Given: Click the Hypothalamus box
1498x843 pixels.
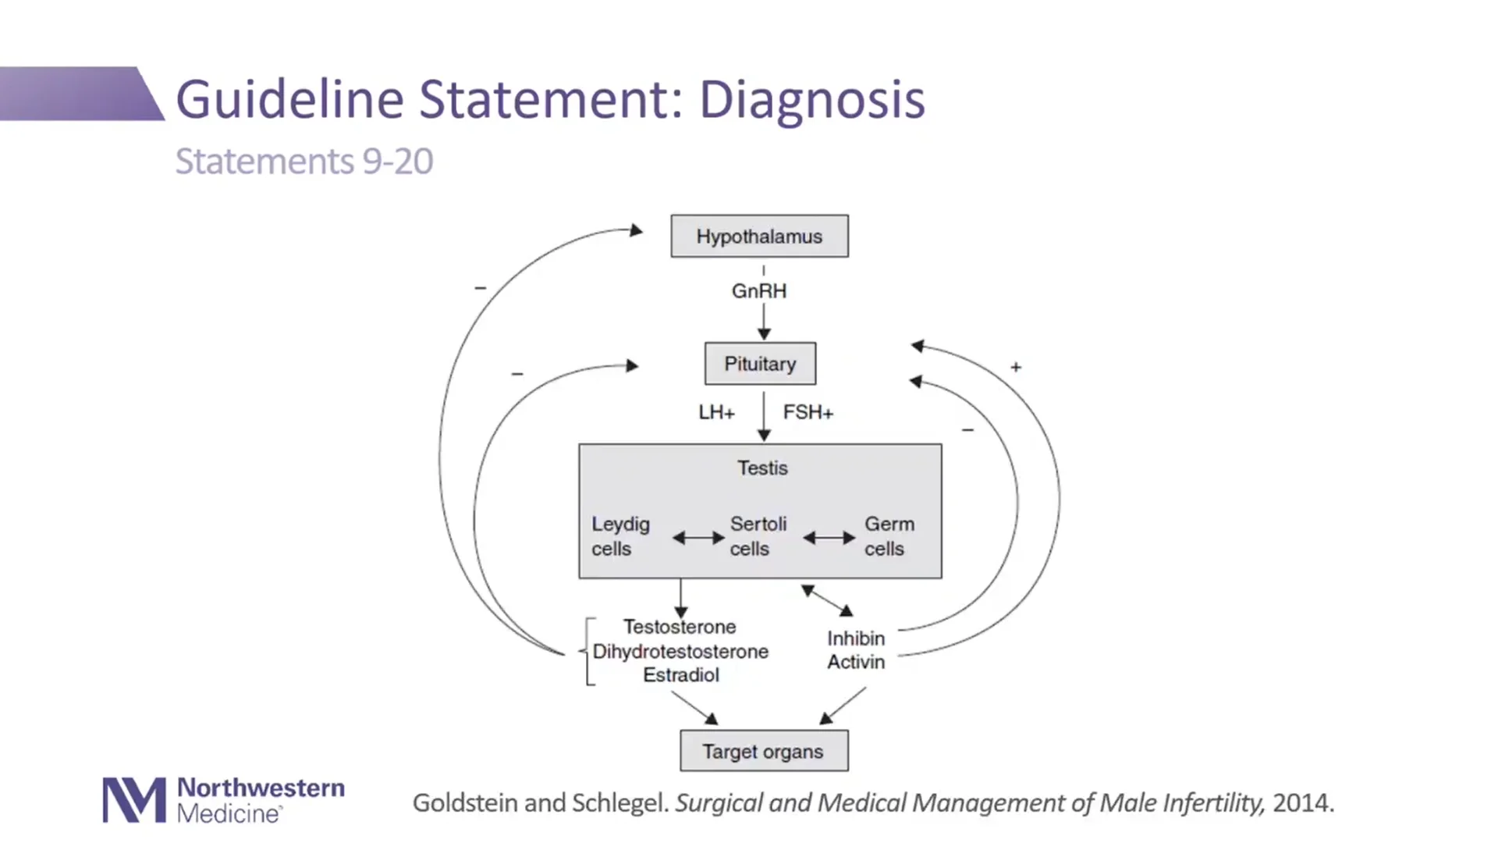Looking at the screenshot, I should click(x=759, y=237).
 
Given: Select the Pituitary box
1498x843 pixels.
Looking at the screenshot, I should click(x=760, y=364).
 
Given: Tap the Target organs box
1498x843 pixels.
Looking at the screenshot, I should click(x=763, y=751).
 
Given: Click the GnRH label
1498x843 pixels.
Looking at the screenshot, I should click(x=758, y=291).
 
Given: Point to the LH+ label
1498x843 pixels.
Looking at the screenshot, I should click(x=716, y=412).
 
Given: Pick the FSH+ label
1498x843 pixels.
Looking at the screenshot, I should click(x=808, y=412).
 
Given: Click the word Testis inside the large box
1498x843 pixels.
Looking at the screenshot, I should click(x=762, y=468).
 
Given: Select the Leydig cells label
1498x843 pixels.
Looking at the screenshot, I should click(x=620, y=536).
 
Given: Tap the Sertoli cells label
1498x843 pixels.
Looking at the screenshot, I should click(x=758, y=536).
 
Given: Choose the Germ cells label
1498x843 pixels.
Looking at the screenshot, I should click(x=889, y=536).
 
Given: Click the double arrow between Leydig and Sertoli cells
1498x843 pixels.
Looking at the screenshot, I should click(x=698, y=538).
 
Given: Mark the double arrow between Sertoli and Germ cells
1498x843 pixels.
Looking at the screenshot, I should click(x=829, y=538).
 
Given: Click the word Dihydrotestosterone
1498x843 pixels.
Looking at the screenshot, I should click(x=680, y=652).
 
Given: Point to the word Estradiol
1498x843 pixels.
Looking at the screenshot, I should click(x=680, y=675).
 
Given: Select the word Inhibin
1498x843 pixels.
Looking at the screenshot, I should click(x=856, y=638).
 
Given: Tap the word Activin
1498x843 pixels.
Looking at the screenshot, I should click(x=856, y=662).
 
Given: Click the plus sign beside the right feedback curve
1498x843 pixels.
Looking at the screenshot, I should click(x=1016, y=367).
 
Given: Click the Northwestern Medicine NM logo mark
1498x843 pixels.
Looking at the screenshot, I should click(x=134, y=800).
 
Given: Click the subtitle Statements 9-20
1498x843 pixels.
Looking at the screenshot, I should click(x=304, y=162).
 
